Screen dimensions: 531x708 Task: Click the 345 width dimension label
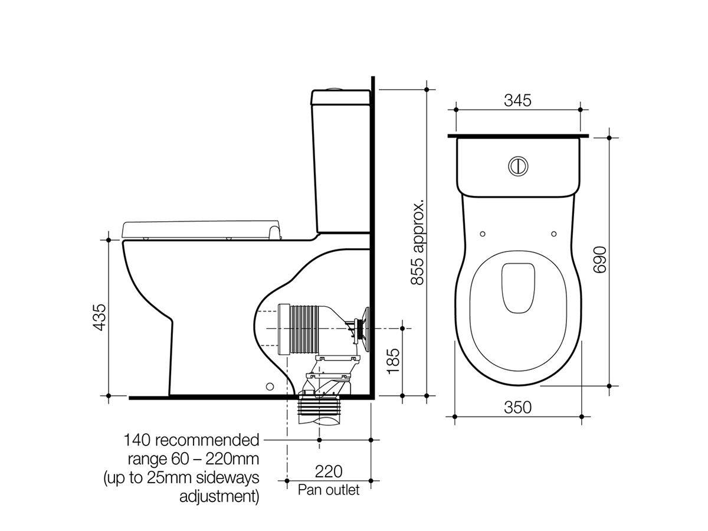517,100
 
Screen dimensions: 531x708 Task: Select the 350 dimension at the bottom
517,408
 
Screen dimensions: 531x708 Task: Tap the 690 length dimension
599,260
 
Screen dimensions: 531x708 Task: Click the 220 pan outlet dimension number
329,471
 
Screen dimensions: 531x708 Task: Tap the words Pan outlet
328,490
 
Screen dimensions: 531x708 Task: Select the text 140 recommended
191,440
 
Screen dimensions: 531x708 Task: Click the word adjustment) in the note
219,496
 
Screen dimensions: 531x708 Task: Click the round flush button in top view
517,166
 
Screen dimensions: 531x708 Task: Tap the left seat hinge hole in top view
483,234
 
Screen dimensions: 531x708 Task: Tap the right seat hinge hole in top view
553,234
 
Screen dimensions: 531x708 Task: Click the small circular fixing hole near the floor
270,386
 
